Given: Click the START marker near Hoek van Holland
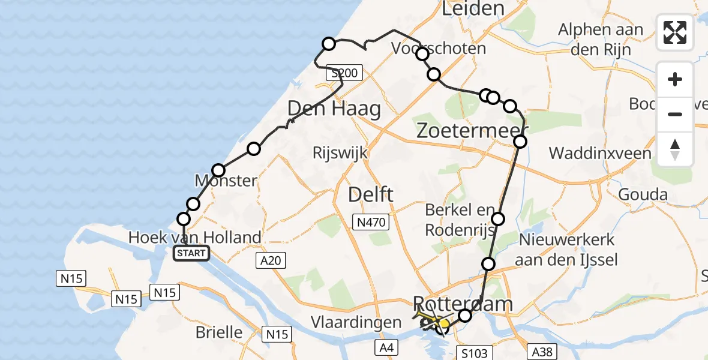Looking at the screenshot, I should pyautogui.click(x=191, y=253).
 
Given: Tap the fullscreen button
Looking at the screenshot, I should pyautogui.click(x=675, y=32).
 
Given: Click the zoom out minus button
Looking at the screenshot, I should pyautogui.click(x=675, y=114).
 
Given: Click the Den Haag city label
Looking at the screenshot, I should pyautogui.click(x=334, y=109).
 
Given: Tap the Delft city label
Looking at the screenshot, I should pyautogui.click(x=371, y=194).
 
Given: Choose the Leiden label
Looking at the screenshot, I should pyautogui.click(x=473, y=8).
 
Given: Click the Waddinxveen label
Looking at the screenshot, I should pyautogui.click(x=600, y=153).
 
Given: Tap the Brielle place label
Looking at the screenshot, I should pyautogui.click(x=220, y=332).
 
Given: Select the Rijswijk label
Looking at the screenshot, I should pyautogui.click(x=340, y=153).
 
